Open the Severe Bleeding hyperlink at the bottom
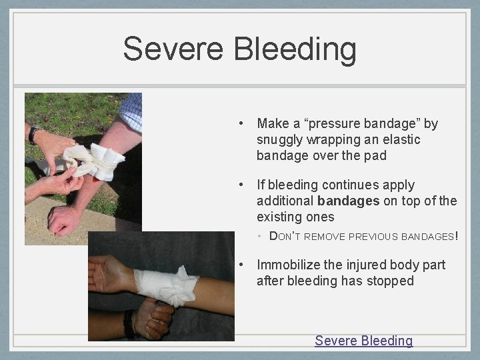pos(363,341)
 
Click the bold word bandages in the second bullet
pos(348,201)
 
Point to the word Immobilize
pos(288,265)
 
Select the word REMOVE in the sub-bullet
pos(325,236)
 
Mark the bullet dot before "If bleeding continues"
pos(245,185)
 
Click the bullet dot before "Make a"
pos(245,124)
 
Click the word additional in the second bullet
pos(285,201)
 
